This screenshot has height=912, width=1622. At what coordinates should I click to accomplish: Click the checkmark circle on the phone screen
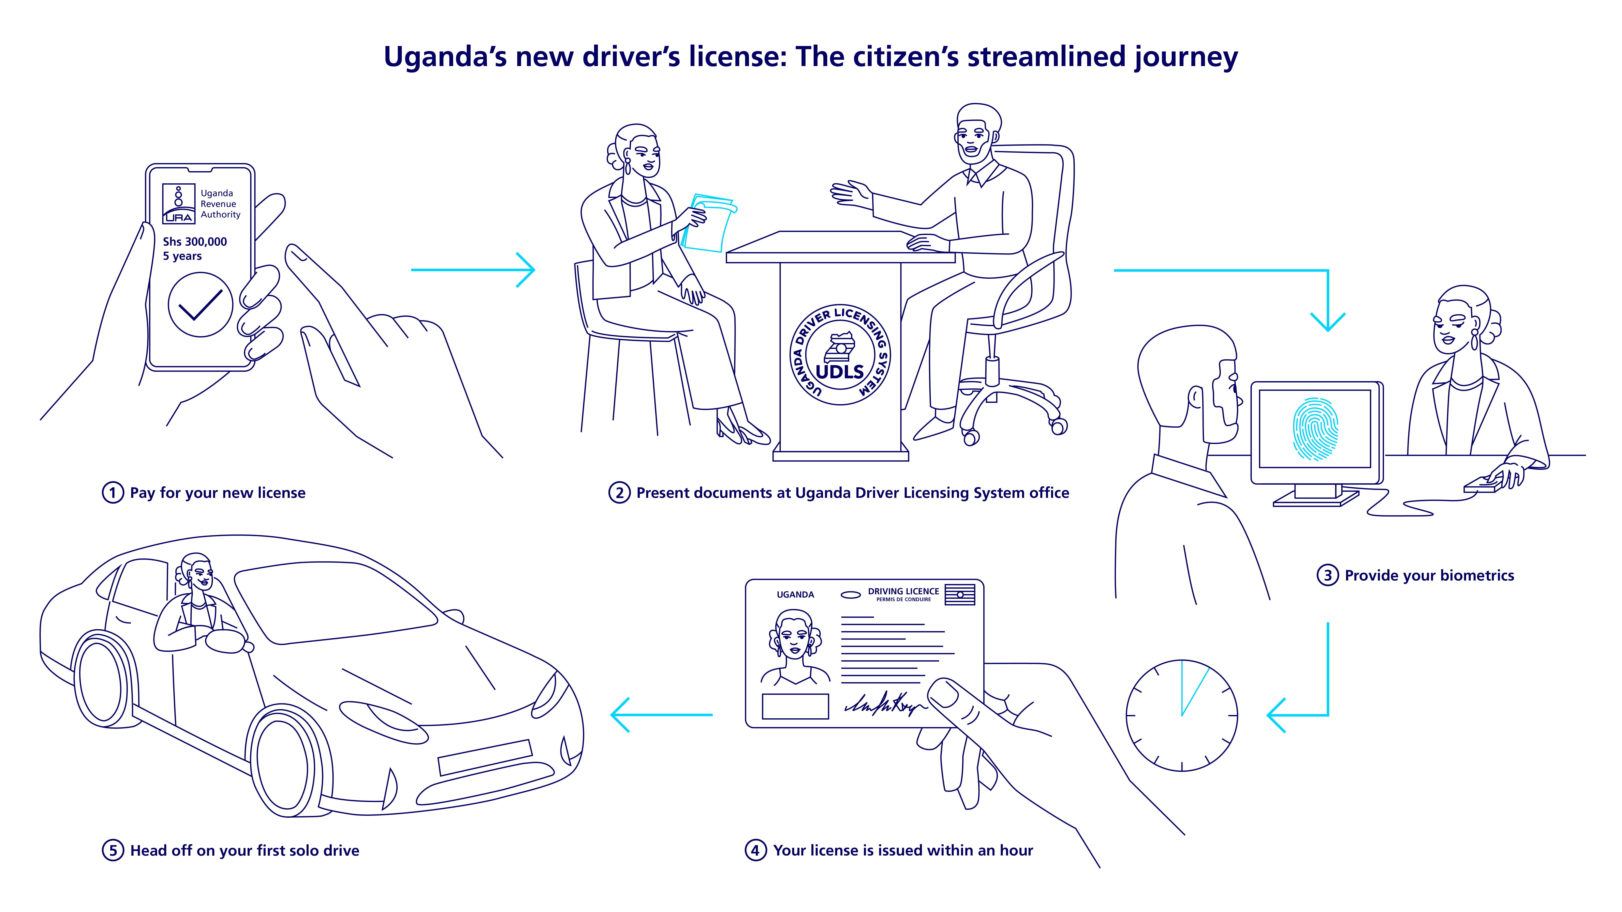pyautogui.click(x=200, y=305)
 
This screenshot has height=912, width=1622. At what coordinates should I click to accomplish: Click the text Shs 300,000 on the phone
pyautogui.click(x=195, y=242)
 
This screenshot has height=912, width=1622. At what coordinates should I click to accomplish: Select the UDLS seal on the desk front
pyautogui.click(x=840, y=356)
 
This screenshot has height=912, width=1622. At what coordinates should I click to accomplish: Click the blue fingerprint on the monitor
pyautogui.click(x=1315, y=428)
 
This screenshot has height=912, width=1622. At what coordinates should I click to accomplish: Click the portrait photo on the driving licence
pyautogui.click(x=795, y=648)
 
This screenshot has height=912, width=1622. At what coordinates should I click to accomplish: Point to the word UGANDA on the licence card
pyautogui.click(x=795, y=595)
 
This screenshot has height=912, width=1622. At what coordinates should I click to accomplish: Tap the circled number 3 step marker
pyautogui.click(x=1327, y=575)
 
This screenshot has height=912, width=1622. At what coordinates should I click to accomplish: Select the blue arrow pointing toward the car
pyautogui.click(x=661, y=715)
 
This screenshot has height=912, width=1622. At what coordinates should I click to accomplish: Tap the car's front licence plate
pyautogui.click(x=485, y=757)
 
